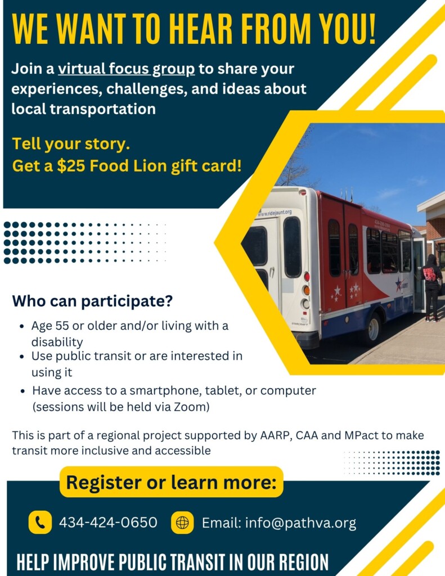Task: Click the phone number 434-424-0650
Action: [108, 523]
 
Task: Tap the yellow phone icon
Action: [40, 523]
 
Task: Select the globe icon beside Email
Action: [182, 523]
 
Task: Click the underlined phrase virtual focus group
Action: [127, 69]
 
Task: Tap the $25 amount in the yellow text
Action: [71, 166]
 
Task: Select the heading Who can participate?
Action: [92, 301]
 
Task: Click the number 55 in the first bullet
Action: [62, 326]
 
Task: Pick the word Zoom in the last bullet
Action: [190, 407]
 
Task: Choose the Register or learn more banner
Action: [171, 482]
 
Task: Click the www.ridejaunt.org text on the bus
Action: [275, 213]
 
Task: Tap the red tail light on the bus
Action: [307, 277]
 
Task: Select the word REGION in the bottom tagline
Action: [303, 562]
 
